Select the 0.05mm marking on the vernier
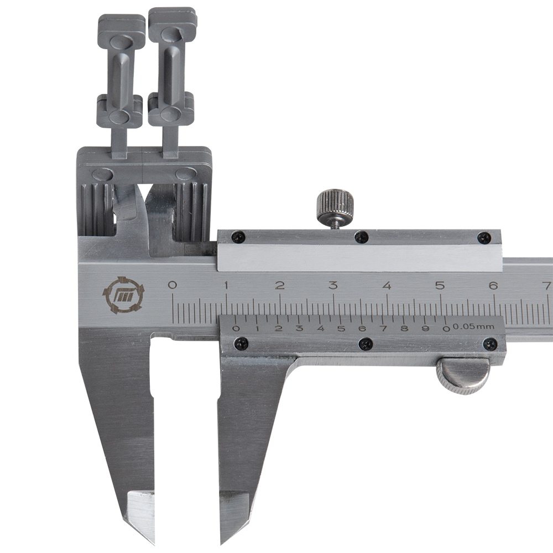(473, 327)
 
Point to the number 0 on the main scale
(172, 285)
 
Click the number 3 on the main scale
(333, 285)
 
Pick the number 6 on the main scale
(493, 285)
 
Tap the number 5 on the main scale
(440, 285)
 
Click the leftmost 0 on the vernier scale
(236, 328)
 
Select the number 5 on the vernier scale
(341, 328)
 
